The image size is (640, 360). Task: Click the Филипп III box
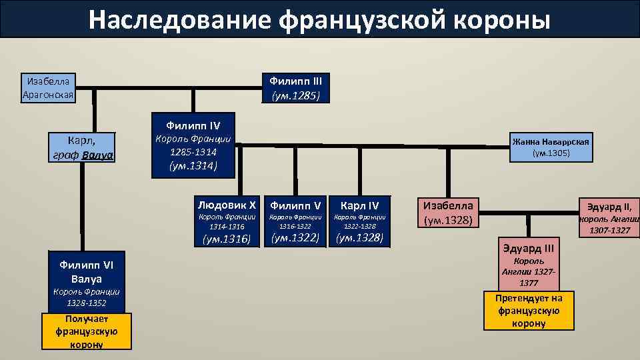(x=295, y=88)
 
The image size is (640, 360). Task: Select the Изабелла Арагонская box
(x=48, y=88)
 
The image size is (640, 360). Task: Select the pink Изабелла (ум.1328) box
(x=448, y=212)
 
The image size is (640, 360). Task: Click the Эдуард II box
(x=608, y=217)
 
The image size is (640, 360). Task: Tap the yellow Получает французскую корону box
(x=86, y=331)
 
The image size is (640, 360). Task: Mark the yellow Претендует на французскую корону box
(x=529, y=311)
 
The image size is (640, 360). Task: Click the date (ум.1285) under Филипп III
(x=295, y=95)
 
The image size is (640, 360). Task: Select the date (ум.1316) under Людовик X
(x=227, y=239)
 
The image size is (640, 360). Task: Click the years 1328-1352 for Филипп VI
(x=86, y=303)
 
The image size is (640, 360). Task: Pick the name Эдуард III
(x=529, y=249)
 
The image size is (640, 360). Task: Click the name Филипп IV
(x=193, y=125)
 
